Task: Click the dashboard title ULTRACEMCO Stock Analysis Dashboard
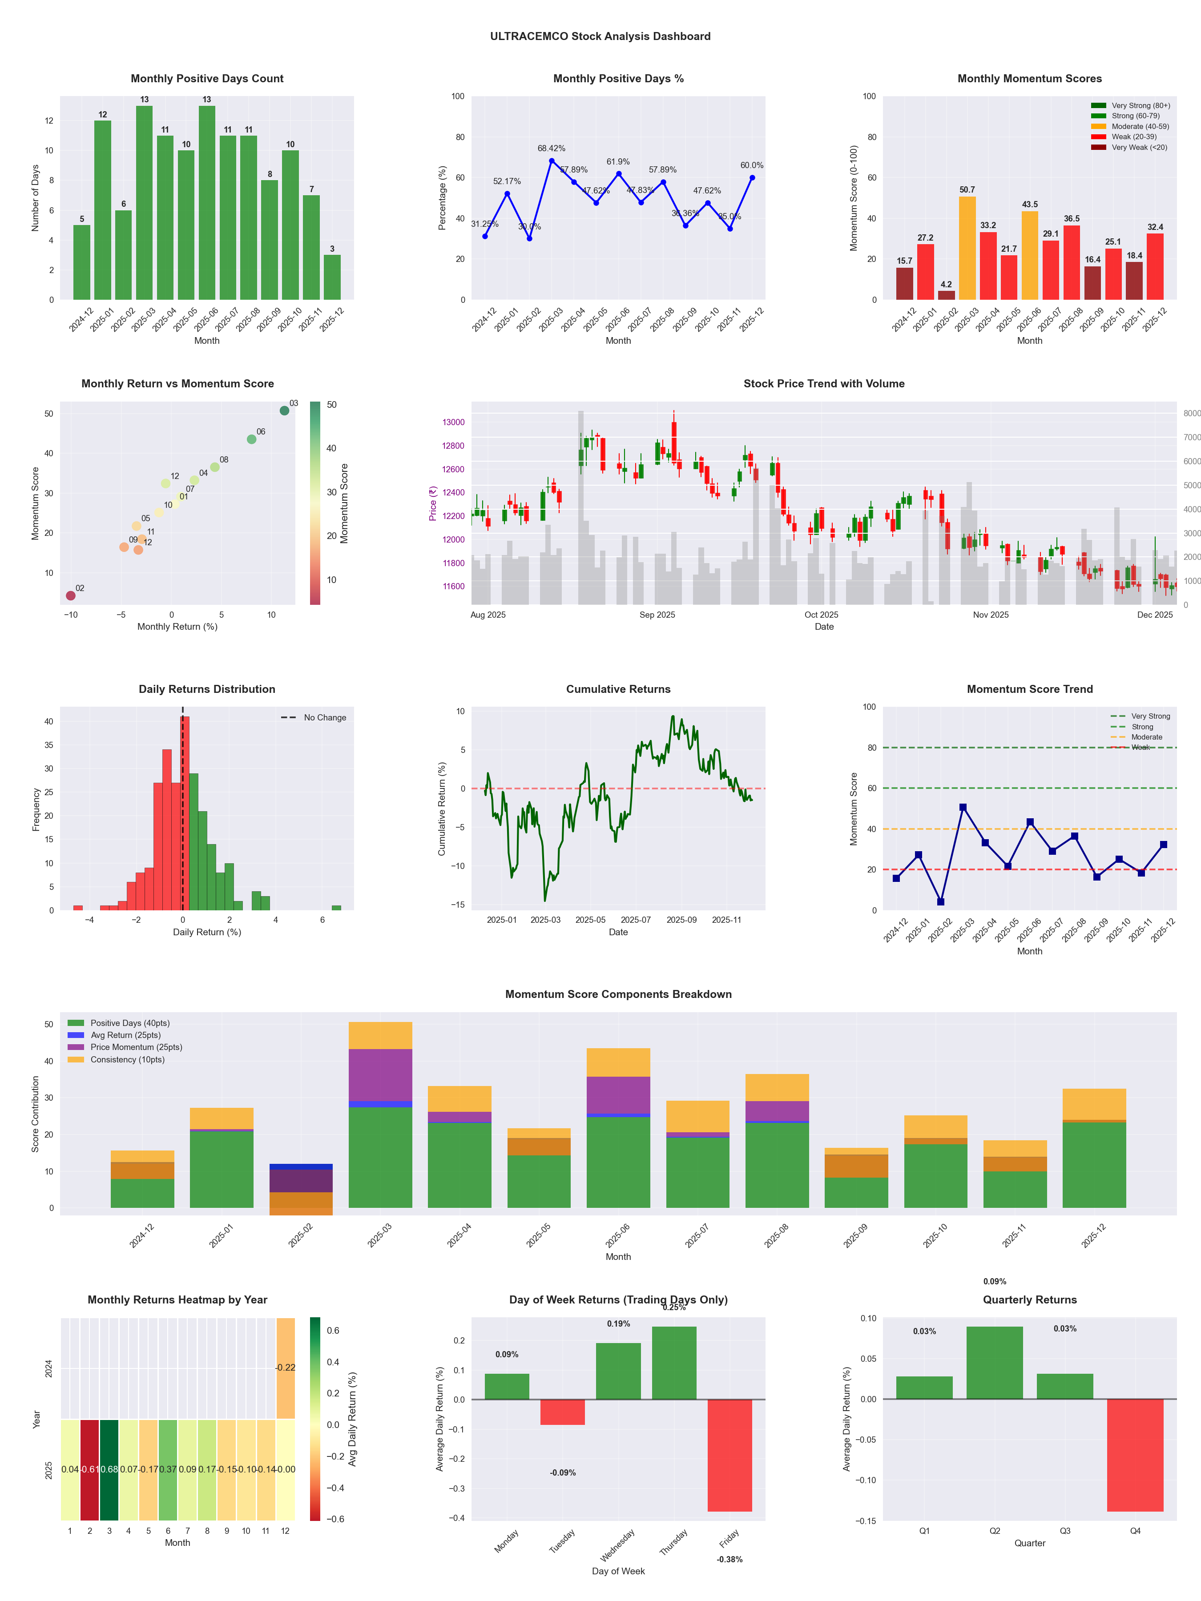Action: click(x=600, y=36)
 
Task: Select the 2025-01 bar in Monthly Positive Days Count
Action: click(x=103, y=210)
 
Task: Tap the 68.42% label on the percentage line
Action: click(x=551, y=149)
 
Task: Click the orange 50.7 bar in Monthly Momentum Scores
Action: click(x=967, y=248)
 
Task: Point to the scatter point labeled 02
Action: click(x=70, y=595)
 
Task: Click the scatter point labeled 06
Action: click(x=251, y=439)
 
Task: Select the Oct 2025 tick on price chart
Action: click(x=821, y=615)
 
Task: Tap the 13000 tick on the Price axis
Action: click(x=453, y=422)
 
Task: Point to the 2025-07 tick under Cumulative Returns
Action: click(x=636, y=920)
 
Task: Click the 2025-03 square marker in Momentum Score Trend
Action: click(x=963, y=807)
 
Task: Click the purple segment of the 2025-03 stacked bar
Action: click(x=380, y=1075)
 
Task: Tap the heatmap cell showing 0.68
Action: click(x=109, y=1469)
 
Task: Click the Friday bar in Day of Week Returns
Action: click(x=730, y=1455)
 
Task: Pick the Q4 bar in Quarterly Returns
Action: click(x=1135, y=1455)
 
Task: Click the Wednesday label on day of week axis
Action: click(x=617, y=1545)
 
